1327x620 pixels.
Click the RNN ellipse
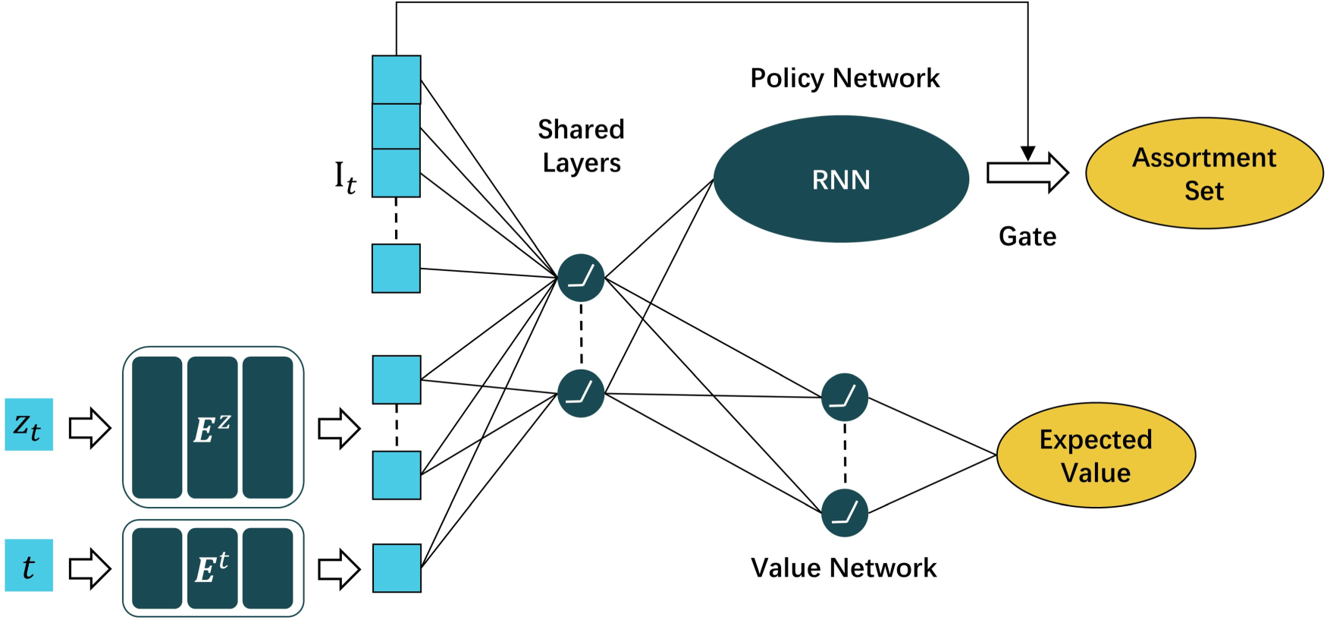[x=841, y=179]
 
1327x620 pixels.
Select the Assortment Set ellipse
[x=1204, y=173]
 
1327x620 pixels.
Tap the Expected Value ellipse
[x=1096, y=455]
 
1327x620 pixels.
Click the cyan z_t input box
[x=29, y=424]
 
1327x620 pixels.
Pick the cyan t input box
[x=29, y=565]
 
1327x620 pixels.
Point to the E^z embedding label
[x=212, y=429]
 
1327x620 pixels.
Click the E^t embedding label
[x=212, y=568]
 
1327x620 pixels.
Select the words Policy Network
[x=845, y=78]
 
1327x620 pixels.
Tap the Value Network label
[x=844, y=568]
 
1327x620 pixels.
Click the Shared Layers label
[x=582, y=146]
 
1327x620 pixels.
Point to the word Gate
[x=1027, y=236]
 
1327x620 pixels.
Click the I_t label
[x=345, y=178]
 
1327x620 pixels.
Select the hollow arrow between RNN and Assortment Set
[x=1027, y=173]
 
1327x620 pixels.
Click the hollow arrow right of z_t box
[x=90, y=428]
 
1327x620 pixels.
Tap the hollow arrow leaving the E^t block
[x=339, y=568]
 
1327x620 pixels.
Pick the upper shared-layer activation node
[x=581, y=278]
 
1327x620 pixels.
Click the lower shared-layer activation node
[x=581, y=393]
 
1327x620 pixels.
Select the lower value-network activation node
[x=845, y=513]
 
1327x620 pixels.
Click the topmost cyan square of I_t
[x=397, y=80]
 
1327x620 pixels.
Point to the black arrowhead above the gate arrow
[x=1027, y=153]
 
